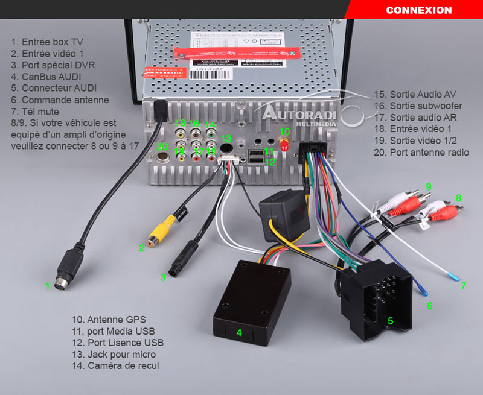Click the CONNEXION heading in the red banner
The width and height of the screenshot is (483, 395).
point(418,10)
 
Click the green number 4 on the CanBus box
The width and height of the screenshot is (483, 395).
point(238,332)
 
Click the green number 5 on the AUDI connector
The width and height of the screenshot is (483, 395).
point(390,321)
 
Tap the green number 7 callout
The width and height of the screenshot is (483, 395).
point(463,286)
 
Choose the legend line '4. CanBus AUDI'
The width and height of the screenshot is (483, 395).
point(46,77)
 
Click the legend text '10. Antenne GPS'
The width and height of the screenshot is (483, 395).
point(109,320)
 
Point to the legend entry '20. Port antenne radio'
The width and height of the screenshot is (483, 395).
point(421,152)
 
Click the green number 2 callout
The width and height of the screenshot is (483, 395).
point(142,247)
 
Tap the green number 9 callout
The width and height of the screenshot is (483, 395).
point(428,187)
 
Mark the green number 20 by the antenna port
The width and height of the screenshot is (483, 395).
point(161,147)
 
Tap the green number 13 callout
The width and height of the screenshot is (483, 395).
point(226,139)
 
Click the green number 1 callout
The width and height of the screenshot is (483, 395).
point(47,286)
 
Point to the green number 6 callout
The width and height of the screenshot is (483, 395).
point(429,306)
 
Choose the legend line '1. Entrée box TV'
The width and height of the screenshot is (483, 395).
point(47,42)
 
